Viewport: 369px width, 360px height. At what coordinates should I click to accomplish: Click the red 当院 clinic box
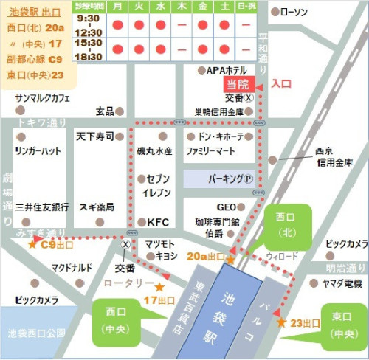238,84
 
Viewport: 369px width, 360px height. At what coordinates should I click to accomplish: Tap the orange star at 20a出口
230,260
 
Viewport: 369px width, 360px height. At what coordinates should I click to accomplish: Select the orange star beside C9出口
32,243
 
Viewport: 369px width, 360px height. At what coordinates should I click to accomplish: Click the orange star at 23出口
281,322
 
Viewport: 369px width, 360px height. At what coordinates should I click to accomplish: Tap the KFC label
158,221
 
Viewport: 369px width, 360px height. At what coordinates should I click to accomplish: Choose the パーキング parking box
219,179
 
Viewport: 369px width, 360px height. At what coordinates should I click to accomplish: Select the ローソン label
298,12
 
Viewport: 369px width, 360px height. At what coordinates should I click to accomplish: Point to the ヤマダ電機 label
342,283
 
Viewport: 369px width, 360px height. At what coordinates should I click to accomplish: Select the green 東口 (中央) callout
339,326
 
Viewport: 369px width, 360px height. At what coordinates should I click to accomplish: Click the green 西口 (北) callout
287,226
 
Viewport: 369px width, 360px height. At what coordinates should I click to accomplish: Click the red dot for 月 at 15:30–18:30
118,49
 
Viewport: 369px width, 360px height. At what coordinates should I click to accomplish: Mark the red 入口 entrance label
281,84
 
